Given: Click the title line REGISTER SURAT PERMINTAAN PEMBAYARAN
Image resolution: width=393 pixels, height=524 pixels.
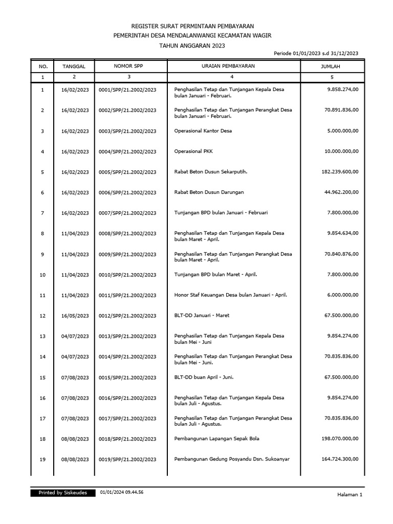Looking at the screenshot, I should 192,26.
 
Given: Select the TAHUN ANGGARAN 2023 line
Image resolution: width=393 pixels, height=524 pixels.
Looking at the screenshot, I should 192,45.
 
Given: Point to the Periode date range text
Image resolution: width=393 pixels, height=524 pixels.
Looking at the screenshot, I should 316,53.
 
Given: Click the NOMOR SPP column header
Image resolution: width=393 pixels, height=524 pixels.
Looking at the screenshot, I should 128,66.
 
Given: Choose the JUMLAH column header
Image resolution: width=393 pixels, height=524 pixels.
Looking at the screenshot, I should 330,67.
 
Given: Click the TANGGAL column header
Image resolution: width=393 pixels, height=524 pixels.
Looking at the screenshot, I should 74,67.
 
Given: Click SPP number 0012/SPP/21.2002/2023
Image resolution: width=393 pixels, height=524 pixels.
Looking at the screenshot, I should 128,316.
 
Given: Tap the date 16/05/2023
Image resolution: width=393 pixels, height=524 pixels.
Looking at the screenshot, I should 75,316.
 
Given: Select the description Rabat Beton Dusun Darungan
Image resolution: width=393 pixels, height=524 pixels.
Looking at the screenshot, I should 209,192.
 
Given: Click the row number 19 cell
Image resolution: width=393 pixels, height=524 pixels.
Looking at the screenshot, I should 42,459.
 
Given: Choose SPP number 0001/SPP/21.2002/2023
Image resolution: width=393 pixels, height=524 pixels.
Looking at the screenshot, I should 128,90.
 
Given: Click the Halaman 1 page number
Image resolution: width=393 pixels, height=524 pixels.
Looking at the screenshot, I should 350,494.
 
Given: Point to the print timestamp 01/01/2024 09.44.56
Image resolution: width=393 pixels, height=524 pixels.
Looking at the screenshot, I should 122,493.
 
